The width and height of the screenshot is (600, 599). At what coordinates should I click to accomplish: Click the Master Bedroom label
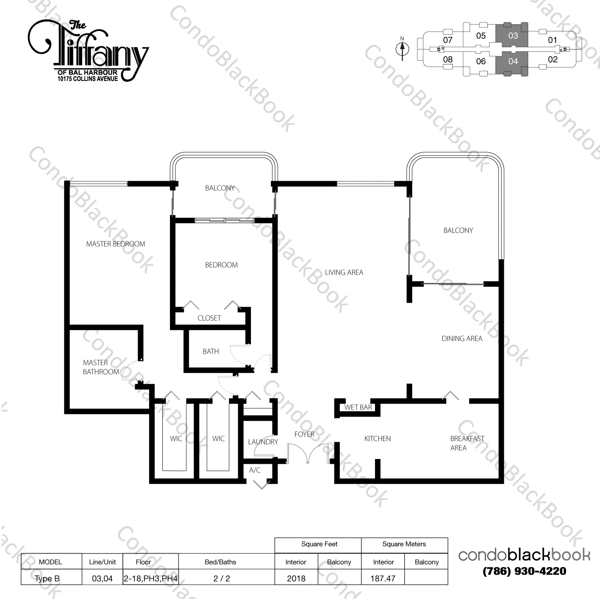[115, 244]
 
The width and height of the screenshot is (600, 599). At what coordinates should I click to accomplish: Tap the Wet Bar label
[358, 407]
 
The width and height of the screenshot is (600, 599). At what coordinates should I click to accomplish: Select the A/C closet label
[255, 470]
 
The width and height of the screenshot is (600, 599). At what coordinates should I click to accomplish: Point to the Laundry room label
[262, 442]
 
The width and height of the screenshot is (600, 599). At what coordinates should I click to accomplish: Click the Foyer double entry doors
[307, 453]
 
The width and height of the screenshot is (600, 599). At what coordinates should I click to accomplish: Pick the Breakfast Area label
[466, 443]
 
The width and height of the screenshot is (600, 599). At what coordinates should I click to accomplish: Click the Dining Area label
[462, 339]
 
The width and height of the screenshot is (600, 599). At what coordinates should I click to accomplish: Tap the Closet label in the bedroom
[209, 318]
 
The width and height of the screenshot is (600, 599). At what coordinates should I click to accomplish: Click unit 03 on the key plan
[513, 36]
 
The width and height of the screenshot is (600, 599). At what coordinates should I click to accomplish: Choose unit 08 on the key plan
[448, 60]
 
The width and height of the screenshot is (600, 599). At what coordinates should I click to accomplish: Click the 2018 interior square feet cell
[296, 578]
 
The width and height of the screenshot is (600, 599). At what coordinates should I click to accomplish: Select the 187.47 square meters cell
[383, 578]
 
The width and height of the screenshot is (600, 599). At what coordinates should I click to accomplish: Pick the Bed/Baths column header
[220, 562]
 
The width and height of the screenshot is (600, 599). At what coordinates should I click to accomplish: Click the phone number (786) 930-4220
[524, 571]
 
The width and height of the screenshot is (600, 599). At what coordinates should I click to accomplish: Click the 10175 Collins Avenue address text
[88, 79]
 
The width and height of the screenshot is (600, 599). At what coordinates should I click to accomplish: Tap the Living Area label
[344, 273]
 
